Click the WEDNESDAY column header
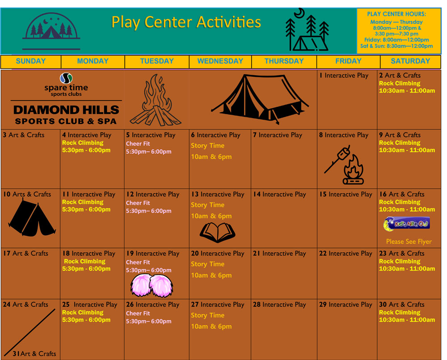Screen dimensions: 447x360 pyautogui.click(x=220, y=61)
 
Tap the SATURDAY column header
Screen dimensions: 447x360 pyautogui.click(x=410, y=61)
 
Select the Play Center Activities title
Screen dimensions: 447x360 pyautogui.click(x=186, y=22)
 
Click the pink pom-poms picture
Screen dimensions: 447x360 pyautogui.click(x=152, y=286)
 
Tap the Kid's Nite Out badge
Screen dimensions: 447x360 pyautogui.click(x=407, y=224)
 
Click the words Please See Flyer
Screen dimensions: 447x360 pyautogui.click(x=409, y=241)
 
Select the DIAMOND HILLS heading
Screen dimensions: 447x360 pyautogui.click(x=66, y=110)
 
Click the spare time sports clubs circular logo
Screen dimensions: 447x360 pyautogui.click(x=66, y=78)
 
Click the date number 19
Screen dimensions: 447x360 pyautogui.click(x=130, y=253)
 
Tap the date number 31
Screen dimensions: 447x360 pyautogui.click(x=16, y=354)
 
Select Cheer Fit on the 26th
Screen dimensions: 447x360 pyautogui.click(x=138, y=313)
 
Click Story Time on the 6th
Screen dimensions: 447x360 pyautogui.click(x=207, y=146)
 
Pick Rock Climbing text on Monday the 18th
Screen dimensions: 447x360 pyautogui.click(x=84, y=261)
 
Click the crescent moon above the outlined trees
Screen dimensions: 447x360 pyautogui.click(x=299, y=13)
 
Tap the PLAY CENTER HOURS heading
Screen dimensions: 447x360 pyautogui.click(x=396, y=14)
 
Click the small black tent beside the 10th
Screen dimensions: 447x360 pyautogui.click(x=32, y=218)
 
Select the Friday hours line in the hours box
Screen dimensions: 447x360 pyautogui.click(x=396, y=40)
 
